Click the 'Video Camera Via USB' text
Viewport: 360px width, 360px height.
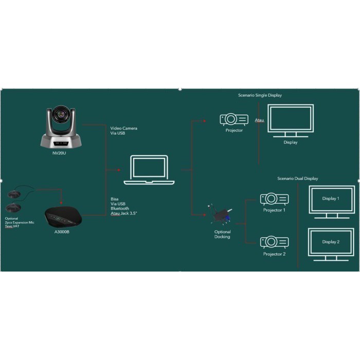pyautogui.click(x=124, y=131)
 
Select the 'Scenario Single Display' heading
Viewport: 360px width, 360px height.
pyautogui.click(x=260, y=95)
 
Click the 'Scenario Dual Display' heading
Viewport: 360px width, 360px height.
pyautogui.click(x=297, y=178)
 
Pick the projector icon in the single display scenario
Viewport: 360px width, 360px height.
pyautogui.click(x=233, y=120)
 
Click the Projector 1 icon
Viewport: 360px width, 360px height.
pyautogui.click(x=274, y=199)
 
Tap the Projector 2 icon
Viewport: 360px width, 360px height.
pyautogui.click(x=274, y=242)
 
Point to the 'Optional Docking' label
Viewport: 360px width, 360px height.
pyautogui.click(x=222, y=234)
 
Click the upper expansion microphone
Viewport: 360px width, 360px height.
pyautogui.click(x=15, y=194)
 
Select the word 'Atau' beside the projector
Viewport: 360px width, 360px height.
pyautogui.click(x=259, y=121)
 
